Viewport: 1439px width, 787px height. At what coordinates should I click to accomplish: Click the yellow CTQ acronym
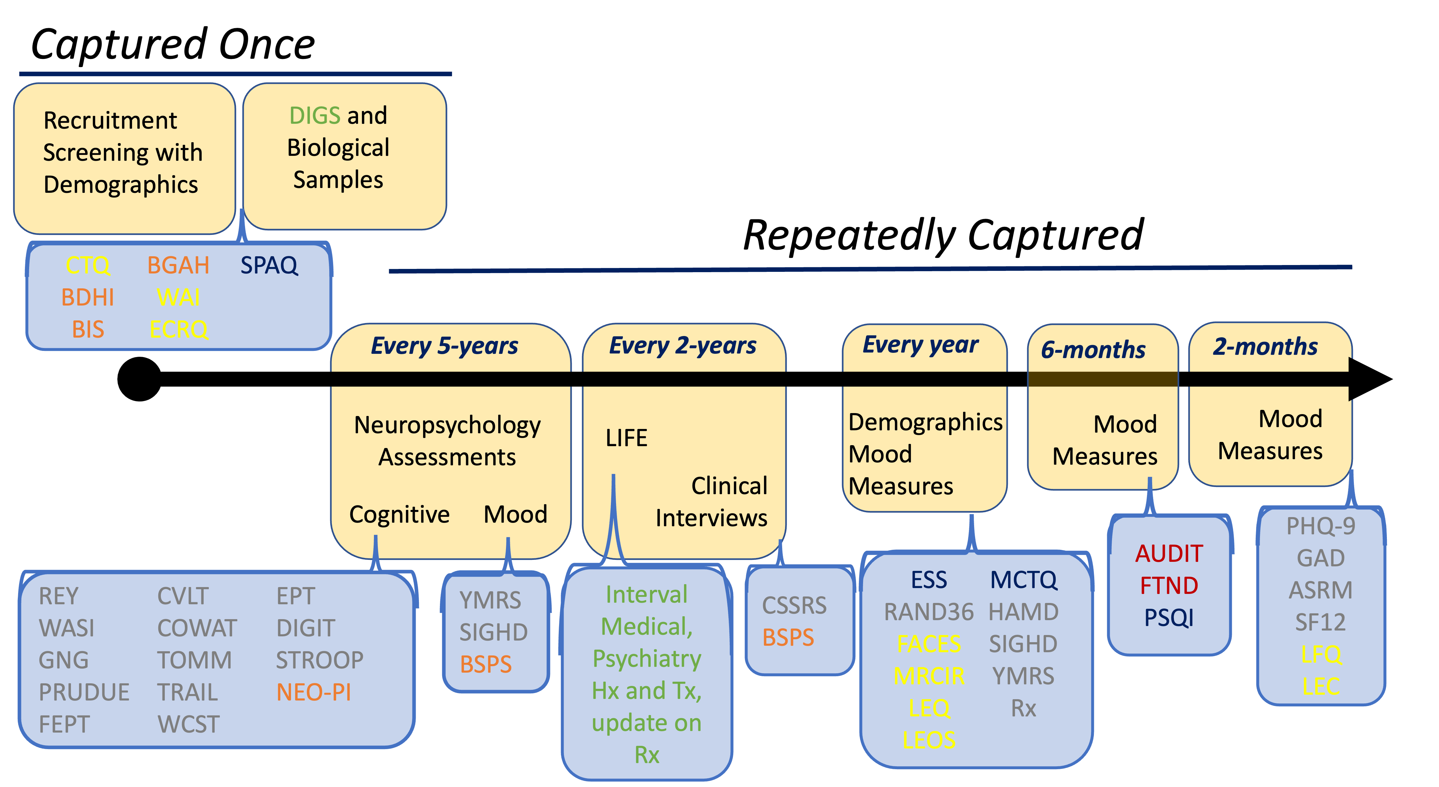click(88, 265)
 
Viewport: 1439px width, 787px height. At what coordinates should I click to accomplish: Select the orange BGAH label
click(178, 265)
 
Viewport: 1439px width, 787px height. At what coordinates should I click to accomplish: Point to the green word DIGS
click(314, 116)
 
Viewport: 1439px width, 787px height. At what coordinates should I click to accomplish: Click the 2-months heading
click(1265, 347)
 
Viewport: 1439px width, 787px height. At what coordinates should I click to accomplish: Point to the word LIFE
click(626, 438)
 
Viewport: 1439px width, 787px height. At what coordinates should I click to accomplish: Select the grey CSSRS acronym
click(794, 605)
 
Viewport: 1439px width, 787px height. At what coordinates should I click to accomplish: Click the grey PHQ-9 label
click(1321, 526)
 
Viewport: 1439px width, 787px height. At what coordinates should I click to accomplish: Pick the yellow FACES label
click(928, 644)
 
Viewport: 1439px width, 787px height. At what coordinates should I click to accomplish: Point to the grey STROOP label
click(320, 660)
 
